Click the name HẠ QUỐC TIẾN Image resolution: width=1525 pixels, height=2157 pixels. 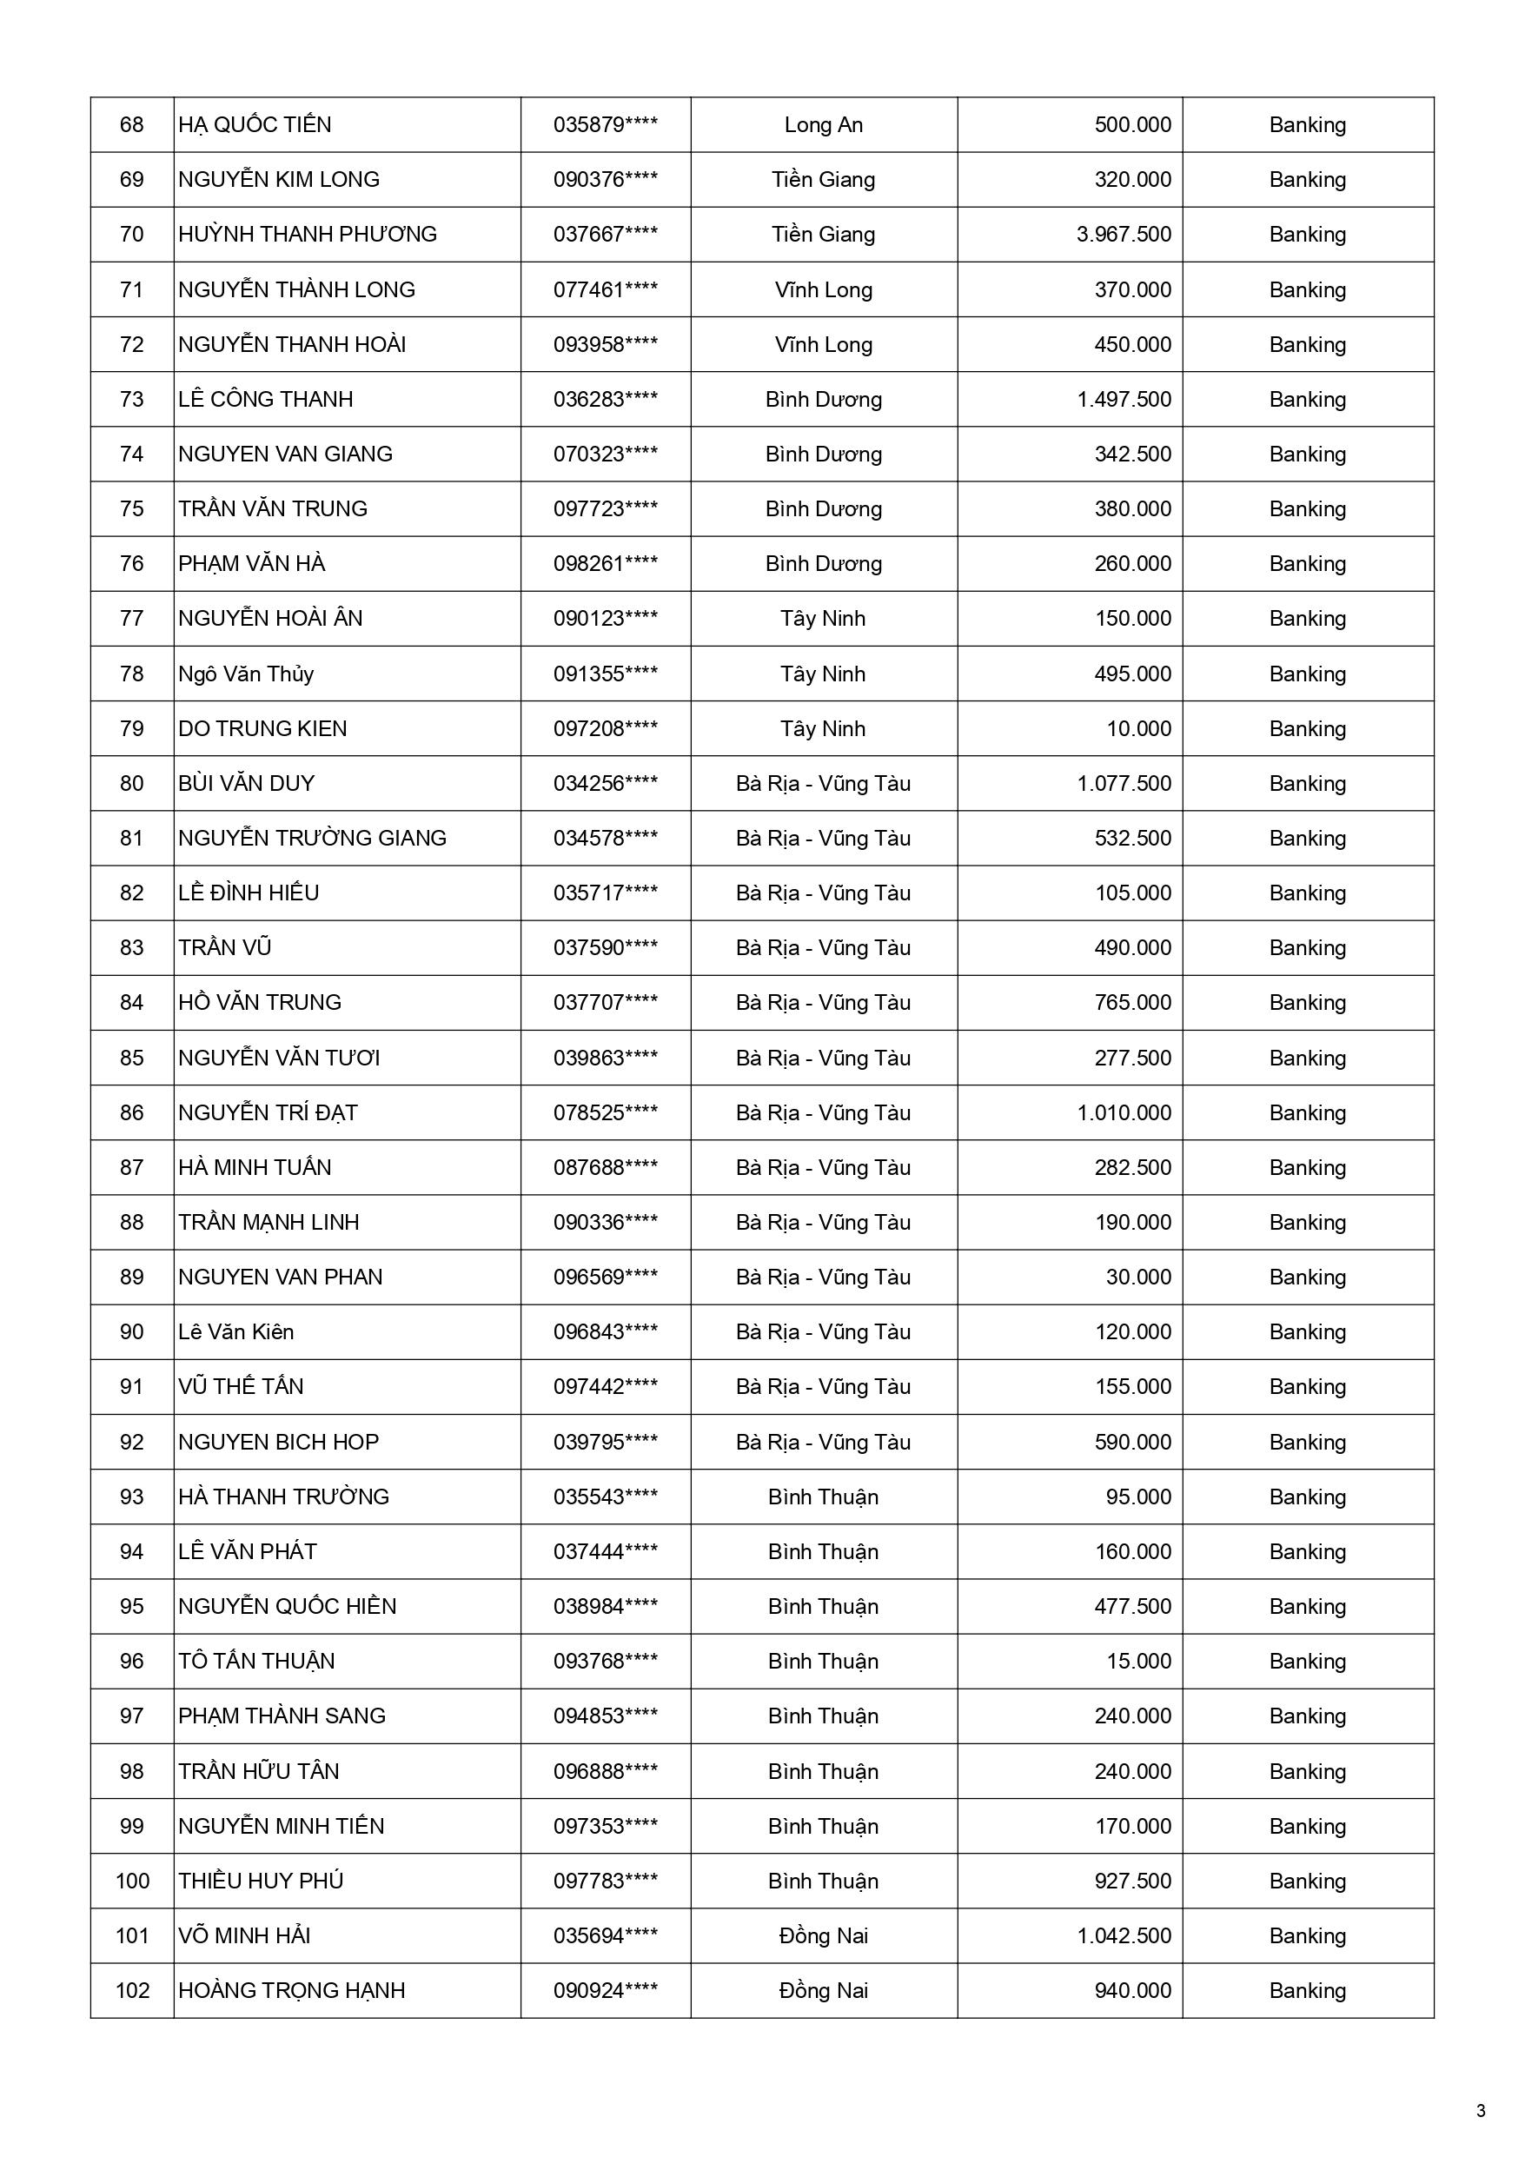tap(255, 125)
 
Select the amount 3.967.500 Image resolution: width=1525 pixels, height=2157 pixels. tap(1124, 234)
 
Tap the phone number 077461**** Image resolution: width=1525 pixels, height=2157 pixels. tap(605, 289)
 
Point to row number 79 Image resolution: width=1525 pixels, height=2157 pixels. tap(131, 728)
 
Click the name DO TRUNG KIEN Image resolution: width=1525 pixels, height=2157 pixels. tap(262, 728)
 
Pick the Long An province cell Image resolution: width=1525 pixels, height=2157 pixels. tap(823, 125)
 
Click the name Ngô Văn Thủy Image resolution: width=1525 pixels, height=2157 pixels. tap(246, 674)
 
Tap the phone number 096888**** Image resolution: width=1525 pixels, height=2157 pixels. tap(605, 1771)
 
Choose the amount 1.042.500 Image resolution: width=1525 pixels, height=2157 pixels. tap(1124, 1935)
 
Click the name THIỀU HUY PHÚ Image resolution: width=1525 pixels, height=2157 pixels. tap(262, 1881)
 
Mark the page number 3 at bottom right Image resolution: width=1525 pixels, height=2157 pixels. tap(1481, 2111)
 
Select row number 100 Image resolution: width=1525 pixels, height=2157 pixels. tap(131, 1881)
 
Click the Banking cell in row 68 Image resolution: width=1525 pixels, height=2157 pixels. tap(1307, 125)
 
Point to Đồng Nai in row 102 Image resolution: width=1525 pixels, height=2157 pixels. tap(823, 1990)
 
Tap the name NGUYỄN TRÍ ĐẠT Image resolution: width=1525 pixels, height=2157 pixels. tap(268, 1112)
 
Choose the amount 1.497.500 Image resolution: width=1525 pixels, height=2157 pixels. tap(1124, 399)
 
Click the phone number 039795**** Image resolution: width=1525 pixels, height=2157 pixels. tap(605, 1442)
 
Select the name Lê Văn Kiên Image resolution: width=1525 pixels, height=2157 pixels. tap(235, 1331)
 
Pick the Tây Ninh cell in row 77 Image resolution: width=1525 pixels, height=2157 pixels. tap(823, 618)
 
